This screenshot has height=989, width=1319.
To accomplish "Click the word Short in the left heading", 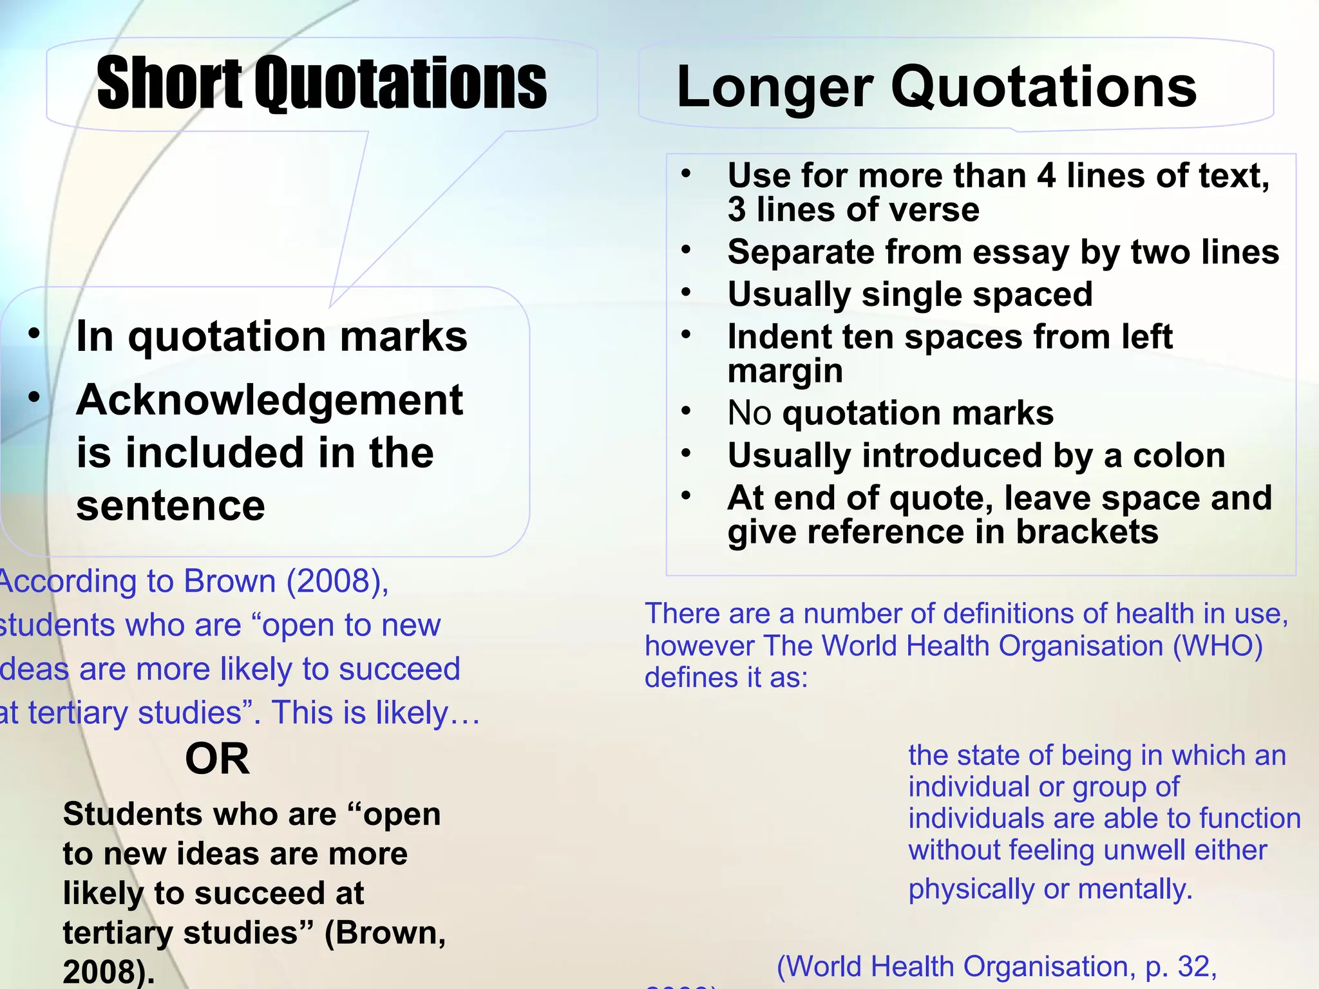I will (x=170, y=84).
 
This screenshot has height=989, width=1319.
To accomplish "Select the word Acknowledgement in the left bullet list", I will (x=269, y=400).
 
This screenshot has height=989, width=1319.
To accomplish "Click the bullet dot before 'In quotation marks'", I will (x=34, y=334).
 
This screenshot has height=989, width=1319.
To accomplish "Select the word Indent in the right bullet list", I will (x=766, y=337).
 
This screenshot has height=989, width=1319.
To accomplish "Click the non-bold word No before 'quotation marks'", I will (x=749, y=413).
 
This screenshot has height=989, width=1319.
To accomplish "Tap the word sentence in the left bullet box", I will (x=171, y=505).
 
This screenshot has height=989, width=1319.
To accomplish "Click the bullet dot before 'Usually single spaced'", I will (x=687, y=293).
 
